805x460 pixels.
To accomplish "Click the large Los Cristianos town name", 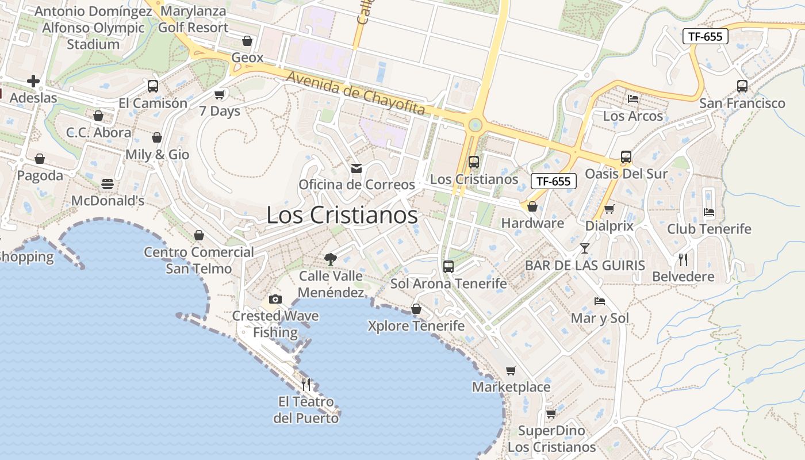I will tap(342, 215).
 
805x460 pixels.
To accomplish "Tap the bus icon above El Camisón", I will tap(153, 86).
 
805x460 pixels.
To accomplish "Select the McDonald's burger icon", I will tap(108, 184).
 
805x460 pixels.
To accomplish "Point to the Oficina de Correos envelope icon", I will tap(356, 168).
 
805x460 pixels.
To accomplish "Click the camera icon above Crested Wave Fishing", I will tap(275, 299).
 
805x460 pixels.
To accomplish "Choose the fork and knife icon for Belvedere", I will tap(683, 260).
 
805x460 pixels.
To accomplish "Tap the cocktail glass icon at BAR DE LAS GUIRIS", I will tap(585, 248).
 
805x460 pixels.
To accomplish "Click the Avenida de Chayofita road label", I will tap(355, 93).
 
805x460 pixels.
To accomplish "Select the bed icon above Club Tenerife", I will tap(709, 212).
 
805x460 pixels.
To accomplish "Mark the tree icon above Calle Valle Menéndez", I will tap(331, 259).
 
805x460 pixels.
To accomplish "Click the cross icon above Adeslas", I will tap(33, 81).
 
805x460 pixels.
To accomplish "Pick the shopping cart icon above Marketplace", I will tap(511, 370).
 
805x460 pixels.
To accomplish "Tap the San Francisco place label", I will tap(742, 103).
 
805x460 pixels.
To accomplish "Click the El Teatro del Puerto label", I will tap(306, 410).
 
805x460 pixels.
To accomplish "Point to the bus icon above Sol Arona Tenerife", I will tap(448, 267).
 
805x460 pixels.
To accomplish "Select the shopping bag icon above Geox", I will tap(247, 41).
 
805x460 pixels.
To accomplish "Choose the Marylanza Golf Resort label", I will tap(193, 20).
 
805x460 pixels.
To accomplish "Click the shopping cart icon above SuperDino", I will tap(551, 414).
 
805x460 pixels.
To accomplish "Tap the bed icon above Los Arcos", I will tap(633, 99).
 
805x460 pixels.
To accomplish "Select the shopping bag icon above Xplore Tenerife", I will tap(416, 309).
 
